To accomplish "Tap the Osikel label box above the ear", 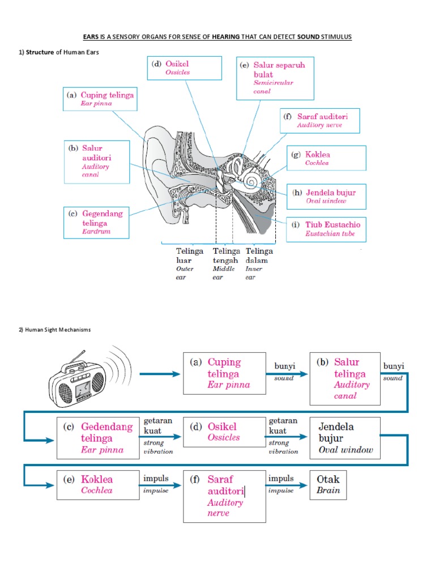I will tap(184, 68).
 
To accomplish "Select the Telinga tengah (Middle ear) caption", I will tap(226, 264).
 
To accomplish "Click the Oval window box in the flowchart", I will tap(344, 438).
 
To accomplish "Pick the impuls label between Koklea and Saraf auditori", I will tap(156, 484).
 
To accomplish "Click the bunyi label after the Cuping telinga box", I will tap(285, 372).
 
